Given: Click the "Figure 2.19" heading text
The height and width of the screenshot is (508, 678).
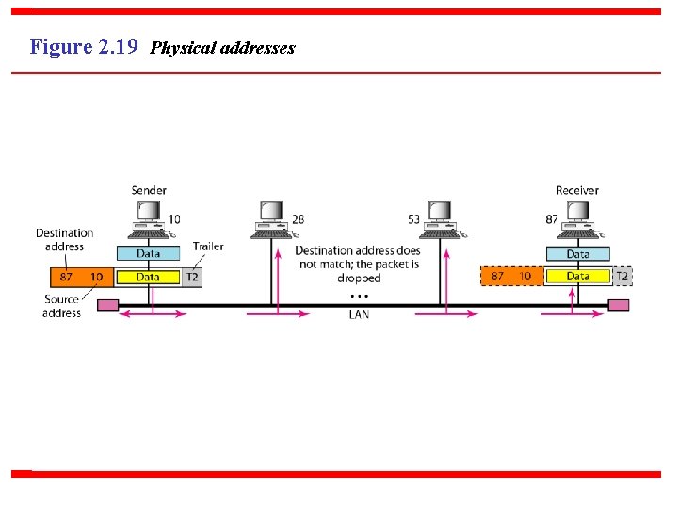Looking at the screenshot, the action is click(85, 46).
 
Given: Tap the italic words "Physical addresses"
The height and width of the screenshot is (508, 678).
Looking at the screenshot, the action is click(223, 48).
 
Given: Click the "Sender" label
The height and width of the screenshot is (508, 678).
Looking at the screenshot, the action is click(149, 190).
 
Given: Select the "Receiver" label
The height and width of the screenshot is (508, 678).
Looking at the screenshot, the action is click(576, 190).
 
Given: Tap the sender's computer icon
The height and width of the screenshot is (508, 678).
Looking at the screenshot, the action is click(149, 218).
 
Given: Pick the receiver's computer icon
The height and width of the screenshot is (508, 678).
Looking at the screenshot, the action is click(577, 218).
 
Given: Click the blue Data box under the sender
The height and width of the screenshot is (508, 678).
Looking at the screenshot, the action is click(149, 253).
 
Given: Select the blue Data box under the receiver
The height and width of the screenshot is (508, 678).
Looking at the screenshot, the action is click(578, 253).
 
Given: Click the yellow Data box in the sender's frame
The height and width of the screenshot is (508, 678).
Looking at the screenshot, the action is click(148, 277).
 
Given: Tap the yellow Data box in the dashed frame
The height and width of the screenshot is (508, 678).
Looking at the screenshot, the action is click(578, 277).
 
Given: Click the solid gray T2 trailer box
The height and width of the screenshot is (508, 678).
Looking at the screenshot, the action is click(192, 277).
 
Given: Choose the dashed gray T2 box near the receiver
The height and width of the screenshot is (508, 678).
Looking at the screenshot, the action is click(622, 277).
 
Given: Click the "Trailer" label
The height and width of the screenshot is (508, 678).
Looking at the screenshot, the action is click(208, 246).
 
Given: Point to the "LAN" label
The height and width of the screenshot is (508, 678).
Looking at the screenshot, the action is click(359, 315).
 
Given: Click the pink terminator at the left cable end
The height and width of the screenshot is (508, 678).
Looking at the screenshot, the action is click(107, 305).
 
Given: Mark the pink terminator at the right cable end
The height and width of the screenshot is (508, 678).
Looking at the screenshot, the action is click(619, 305).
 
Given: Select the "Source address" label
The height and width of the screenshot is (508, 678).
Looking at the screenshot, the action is click(61, 307).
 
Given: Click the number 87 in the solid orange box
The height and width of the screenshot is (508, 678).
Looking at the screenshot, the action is click(66, 277).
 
